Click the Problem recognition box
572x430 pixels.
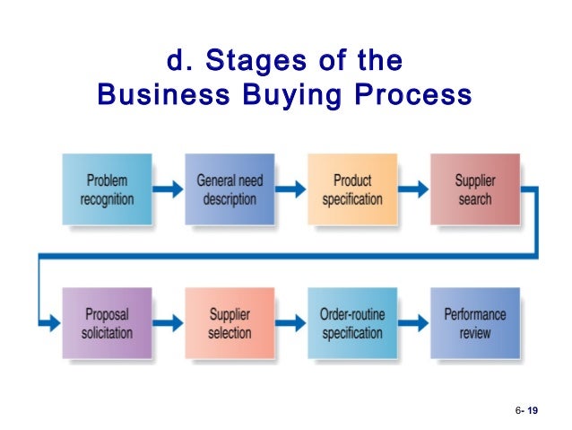107,189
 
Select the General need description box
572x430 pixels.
230,189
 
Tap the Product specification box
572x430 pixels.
352,189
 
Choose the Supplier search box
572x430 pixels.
474,189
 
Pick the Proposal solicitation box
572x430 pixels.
107,323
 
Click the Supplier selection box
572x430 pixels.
230,323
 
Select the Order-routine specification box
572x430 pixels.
352,323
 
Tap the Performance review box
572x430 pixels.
474,323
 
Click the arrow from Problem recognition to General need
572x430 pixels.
168,189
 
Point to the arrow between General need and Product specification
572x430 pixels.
290,189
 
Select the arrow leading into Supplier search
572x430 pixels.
413,189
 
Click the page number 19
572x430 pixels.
533,410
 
